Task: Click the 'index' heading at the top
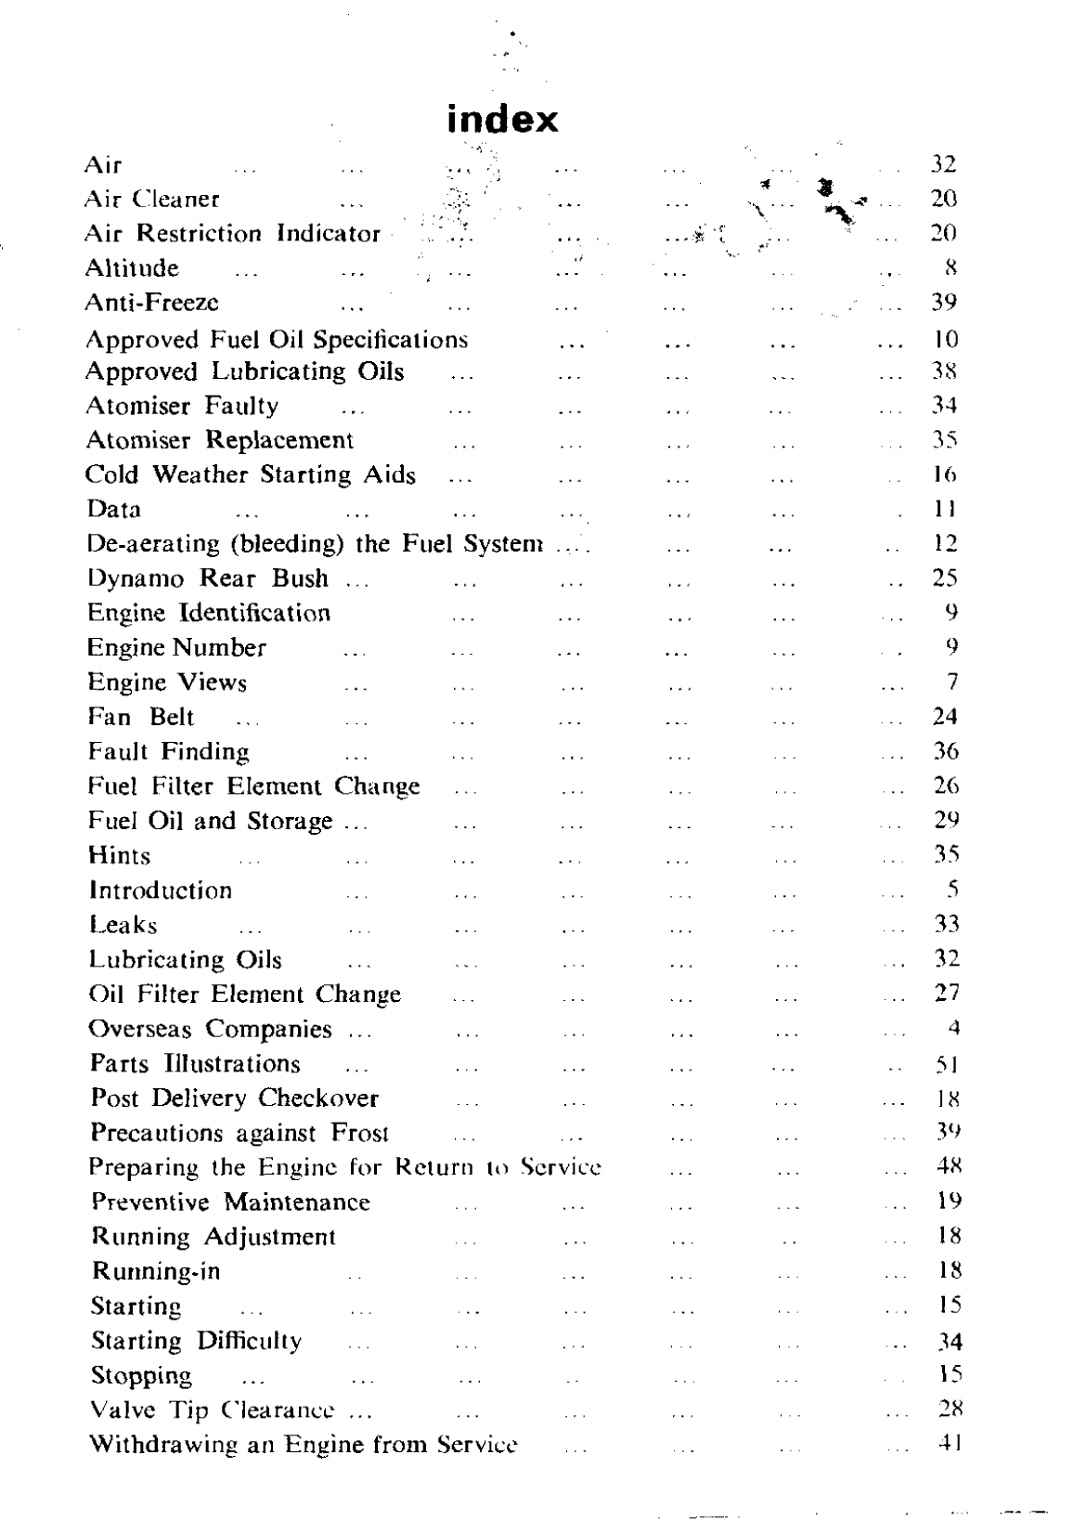pyautogui.click(x=502, y=120)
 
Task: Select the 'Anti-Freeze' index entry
pyautogui.click(x=152, y=303)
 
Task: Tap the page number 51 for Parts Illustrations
pyautogui.click(x=946, y=1064)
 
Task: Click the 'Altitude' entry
pyautogui.click(x=132, y=268)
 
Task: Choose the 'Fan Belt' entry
pyautogui.click(x=141, y=717)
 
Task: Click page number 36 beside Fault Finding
pyautogui.click(x=946, y=751)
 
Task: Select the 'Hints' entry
pyautogui.click(x=119, y=855)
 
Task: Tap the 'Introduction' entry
pyautogui.click(x=161, y=890)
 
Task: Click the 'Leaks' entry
pyautogui.click(x=123, y=925)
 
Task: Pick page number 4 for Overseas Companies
pyautogui.click(x=953, y=1029)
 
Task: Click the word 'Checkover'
pyautogui.click(x=318, y=1098)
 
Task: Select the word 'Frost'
pyautogui.click(x=359, y=1134)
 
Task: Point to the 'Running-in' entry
pyautogui.click(x=156, y=1271)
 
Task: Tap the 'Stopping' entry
pyautogui.click(x=141, y=1375)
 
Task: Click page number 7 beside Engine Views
pyautogui.click(x=952, y=682)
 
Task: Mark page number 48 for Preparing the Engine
pyautogui.click(x=947, y=1167)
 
